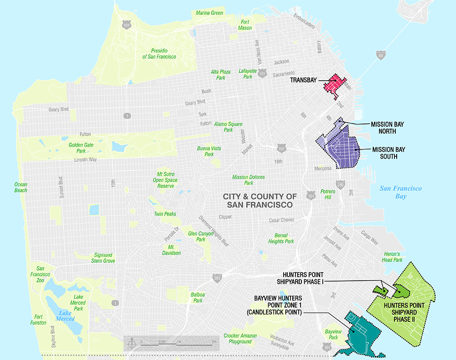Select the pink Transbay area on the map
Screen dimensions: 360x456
[x=334, y=86]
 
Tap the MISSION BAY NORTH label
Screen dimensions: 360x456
[x=388, y=127]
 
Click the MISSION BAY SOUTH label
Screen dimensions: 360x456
[x=389, y=153]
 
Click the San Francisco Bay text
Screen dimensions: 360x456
[x=401, y=192]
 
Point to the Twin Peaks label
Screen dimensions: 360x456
[x=165, y=214]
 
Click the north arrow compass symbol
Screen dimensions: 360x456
[x=131, y=343]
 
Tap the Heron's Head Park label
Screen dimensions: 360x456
[x=393, y=257]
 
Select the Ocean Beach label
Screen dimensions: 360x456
[x=21, y=187]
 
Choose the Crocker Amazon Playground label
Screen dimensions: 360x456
[x=240, y=339]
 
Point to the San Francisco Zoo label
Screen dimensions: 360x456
[x=40, y=275]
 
